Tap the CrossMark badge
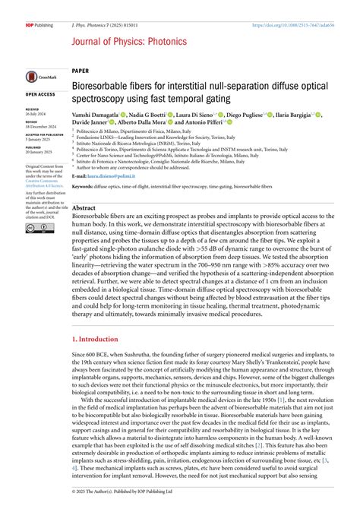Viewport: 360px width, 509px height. pos(38,76)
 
